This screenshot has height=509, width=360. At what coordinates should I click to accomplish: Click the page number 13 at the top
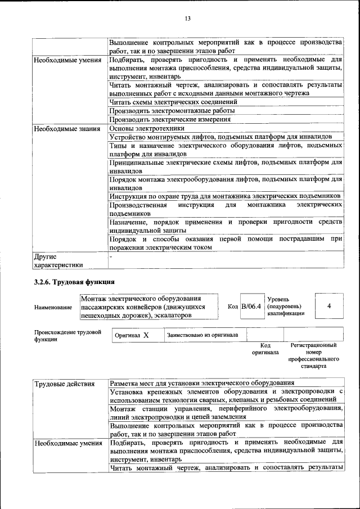(188, 19)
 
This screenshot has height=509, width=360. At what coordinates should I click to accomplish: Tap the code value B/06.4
(251, 307)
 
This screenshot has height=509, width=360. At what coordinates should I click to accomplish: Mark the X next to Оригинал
(146, 335)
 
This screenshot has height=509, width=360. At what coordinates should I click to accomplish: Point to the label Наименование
(53, 308)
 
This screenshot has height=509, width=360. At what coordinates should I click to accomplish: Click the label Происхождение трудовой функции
(67, 336)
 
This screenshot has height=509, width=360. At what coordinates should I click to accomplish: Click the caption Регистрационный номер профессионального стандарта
(313, 355)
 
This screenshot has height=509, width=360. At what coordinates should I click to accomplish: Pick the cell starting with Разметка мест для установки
(202, 384)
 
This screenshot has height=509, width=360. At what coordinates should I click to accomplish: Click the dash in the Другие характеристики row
(111, 256)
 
